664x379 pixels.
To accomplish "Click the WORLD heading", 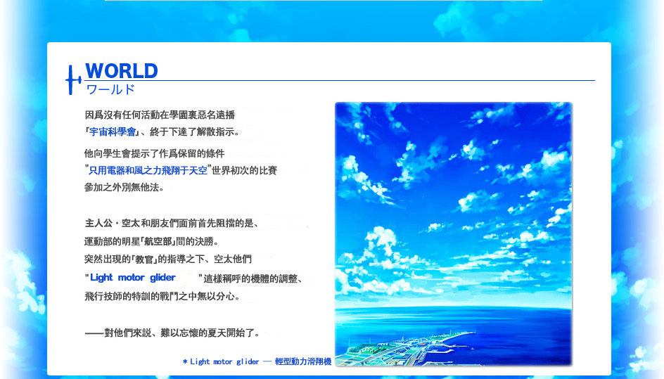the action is coord(122,71).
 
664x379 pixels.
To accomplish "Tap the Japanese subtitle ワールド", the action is coord(110,89).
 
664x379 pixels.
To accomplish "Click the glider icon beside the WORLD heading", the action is coord(73,79).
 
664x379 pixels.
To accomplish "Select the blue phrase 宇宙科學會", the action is coord(113,132).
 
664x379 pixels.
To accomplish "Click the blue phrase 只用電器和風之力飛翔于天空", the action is coord(148,170).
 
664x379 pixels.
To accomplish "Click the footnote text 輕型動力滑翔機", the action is coord(302,361).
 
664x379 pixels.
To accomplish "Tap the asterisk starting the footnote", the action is coord(185,361).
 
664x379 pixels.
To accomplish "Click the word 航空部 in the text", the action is coord(158,241).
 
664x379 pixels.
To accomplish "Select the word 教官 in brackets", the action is coord(144,259).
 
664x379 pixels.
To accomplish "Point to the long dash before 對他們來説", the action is coord(94,333).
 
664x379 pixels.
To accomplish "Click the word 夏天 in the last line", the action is coord(217,333).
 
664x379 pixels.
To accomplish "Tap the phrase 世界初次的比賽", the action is coord(244,170).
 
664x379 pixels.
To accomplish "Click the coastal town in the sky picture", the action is coord(407,347).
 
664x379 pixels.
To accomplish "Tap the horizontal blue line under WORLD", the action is coord(339,80).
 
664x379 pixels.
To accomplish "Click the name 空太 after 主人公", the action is coord(131,223).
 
